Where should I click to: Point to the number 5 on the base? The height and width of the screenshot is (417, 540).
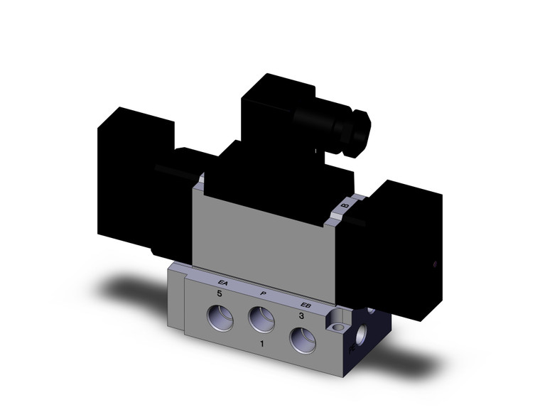tap(220, 293)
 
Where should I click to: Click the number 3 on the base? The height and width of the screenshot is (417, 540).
tap(301, 317)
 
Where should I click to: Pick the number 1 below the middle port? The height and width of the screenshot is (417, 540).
tap(263, 344)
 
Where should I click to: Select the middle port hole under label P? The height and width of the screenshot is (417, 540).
tap(261, 322)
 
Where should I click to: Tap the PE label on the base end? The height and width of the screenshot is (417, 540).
tap(353, 348)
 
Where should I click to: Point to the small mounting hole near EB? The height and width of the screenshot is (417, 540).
tap(339, 327)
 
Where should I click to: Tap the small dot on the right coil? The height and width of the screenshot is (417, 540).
tap(436, 266)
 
